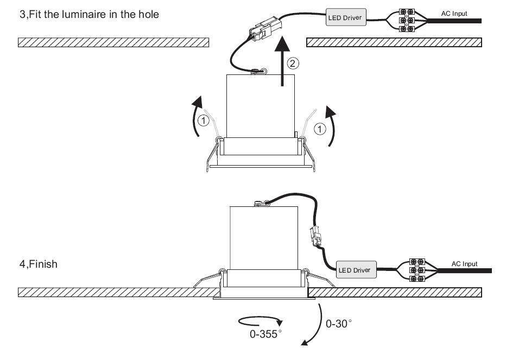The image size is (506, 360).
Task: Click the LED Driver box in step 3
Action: pos(346,17)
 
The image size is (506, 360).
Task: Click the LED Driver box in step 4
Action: pos(356,270)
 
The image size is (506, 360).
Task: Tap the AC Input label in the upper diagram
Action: pos(454,14)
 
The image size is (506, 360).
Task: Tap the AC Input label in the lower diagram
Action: pos(464,264)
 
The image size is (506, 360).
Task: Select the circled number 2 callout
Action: pos(293,63)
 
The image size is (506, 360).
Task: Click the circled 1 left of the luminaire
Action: pos(203,121)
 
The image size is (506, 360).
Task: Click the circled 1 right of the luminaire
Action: pos(320,129)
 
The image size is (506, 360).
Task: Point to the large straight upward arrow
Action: pos(283,61)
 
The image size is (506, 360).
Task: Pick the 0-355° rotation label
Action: pos(265,334)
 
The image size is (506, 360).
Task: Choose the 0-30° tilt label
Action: pos(339,323)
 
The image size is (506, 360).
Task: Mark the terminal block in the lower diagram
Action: pos(417,270)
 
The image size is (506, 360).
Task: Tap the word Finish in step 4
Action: pos(43,264)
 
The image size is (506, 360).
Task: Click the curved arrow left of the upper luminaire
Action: pos(196,116)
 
